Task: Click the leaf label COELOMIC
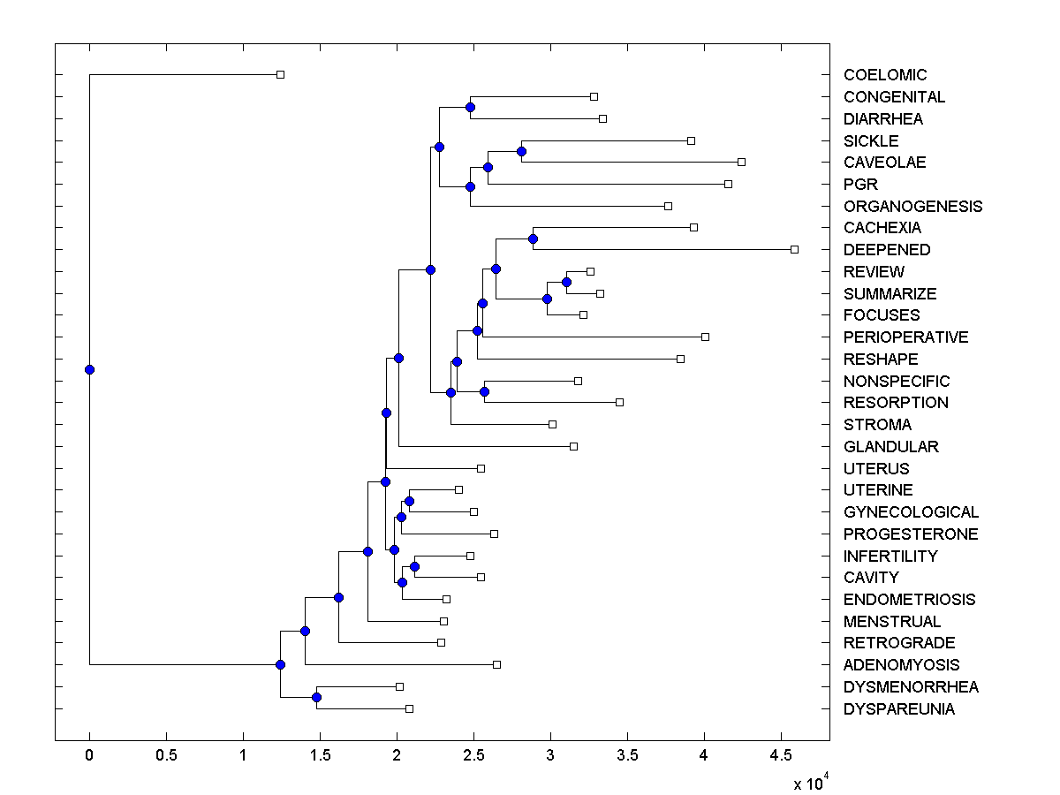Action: click(885, 75)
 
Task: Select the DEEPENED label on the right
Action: click(887, 250)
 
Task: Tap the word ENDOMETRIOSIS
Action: click(909, 600)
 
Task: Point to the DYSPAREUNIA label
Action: click(898, 709)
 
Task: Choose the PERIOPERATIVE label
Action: click(905, 337)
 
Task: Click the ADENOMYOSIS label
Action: click(901, 665)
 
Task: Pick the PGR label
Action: click(860, 185)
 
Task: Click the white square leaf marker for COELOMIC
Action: click(280, 74)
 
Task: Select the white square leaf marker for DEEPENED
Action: click(794, 249)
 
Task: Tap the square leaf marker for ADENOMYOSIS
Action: click(496, 664)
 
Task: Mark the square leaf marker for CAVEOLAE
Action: click(741, 162)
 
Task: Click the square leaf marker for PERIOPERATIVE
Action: click(705, 337)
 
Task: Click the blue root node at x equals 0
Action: click(89, 369)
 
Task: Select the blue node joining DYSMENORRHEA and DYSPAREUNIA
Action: click(316, 698)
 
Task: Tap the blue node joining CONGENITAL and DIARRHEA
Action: click(470, 107)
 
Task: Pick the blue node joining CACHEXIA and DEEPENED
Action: click(533, 238)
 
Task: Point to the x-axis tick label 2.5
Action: click(473, 755)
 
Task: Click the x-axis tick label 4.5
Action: click(780, 755)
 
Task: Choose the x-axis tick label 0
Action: click(89, 755)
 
